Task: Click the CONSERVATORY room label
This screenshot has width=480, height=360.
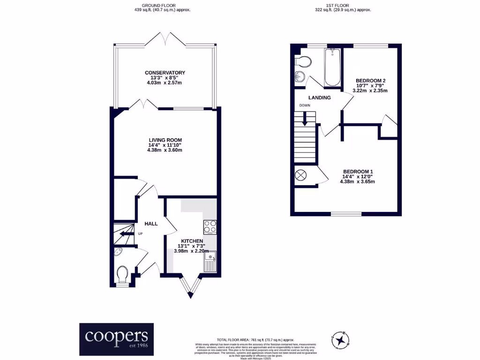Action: (165, 73)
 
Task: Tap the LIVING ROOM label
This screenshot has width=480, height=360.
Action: (165, 140)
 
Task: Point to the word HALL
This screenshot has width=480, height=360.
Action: (151, 224)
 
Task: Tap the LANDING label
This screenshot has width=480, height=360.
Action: (319, 97)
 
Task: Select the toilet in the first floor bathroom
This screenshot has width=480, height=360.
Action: (304, 61)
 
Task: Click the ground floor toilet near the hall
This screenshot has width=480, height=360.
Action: (123, 274)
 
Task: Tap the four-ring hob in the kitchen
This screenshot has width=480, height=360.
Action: (210, 227)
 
